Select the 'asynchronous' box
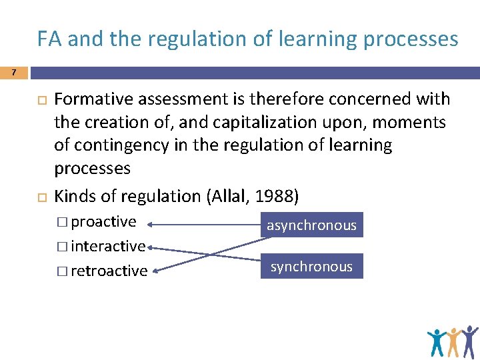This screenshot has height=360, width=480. click(311, 225)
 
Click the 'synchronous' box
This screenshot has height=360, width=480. click(311, 267)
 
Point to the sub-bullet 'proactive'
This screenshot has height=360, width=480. click(103, 221)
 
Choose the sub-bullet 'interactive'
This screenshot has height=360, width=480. click(107, 246)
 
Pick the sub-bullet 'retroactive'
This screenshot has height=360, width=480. click(109, 271)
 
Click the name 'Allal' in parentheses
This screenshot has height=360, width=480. click(229, 197)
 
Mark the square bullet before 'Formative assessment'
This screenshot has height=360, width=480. click(39, 100)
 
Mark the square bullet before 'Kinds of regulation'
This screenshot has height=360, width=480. click(39, 197)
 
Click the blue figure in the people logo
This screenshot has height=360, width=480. click(437, 342)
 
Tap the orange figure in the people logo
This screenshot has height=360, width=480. click(454, 341)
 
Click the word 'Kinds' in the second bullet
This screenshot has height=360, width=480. click(74, 197)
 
